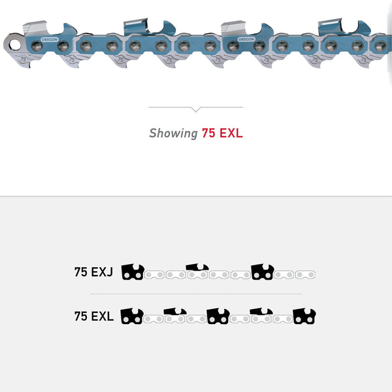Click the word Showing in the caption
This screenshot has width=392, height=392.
173,133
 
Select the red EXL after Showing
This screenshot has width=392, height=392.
231,133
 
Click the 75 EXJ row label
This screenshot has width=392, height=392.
94,272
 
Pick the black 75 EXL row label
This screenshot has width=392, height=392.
94,317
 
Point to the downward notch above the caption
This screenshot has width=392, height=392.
196,109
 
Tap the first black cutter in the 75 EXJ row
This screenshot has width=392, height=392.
133,271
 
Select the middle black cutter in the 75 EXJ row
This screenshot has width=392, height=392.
197,267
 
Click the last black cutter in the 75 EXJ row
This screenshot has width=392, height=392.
262,271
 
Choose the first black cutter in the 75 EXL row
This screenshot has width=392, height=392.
133,316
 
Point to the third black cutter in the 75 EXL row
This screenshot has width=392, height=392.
218,316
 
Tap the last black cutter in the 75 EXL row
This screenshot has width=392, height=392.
304,316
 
